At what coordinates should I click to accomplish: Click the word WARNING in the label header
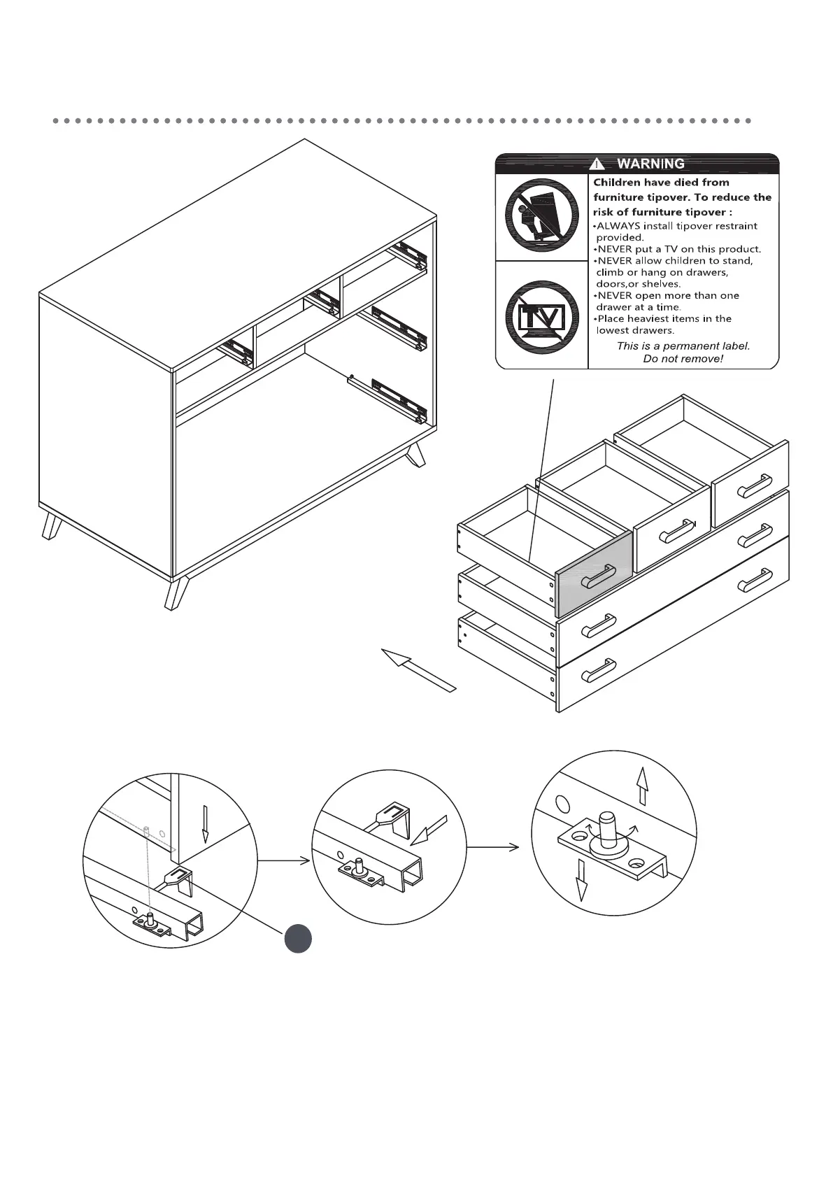[650, 164]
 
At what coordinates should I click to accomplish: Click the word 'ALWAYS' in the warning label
[618, 226]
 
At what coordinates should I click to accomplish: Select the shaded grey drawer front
[593, 574]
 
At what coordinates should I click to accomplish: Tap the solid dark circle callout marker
[298, 938]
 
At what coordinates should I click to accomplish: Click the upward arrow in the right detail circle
[642, 786]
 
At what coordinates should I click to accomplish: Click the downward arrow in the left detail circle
[205, 823]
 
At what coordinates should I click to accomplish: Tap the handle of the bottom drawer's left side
[598, 670]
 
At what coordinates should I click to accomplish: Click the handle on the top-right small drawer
[755, 485]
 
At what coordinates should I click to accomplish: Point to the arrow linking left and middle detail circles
[284, 860]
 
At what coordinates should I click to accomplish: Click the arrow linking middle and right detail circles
[493, 847]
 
